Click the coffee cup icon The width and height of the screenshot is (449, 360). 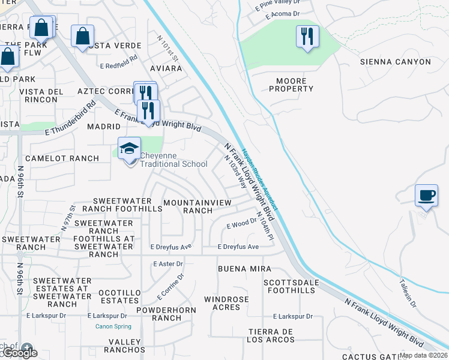(x=426, y=196)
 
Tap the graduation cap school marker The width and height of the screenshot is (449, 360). (x=129, y=148)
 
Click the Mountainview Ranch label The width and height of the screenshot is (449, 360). (x=197, y=207)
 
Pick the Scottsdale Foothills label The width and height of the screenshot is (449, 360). (x=289, y=286)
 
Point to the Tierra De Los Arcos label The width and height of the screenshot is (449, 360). (x=269, y=336)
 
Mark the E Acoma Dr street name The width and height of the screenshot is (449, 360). (x=277, y=13)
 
